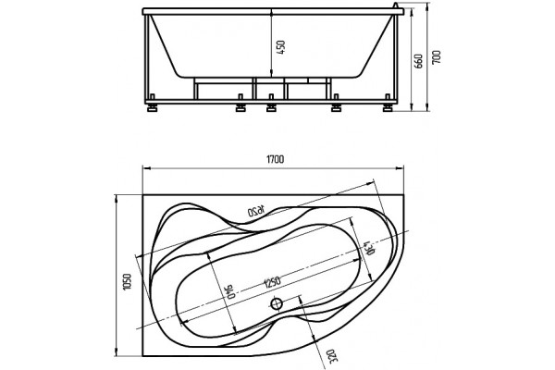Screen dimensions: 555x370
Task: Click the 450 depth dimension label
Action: coord(280,47)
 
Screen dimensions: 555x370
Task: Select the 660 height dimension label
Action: coord(418,61)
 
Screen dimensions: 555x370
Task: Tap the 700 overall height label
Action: coord(437,57)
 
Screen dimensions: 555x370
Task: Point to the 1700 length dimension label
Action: coord(275,159)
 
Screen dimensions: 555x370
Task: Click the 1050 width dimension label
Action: coord(127,282)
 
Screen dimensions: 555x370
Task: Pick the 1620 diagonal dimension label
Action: coord(256,212)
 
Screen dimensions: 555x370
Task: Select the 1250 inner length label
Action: coord(273,282)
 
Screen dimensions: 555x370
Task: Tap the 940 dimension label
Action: coord(230,291)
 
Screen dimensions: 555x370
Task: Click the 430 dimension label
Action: coord(367,248)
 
